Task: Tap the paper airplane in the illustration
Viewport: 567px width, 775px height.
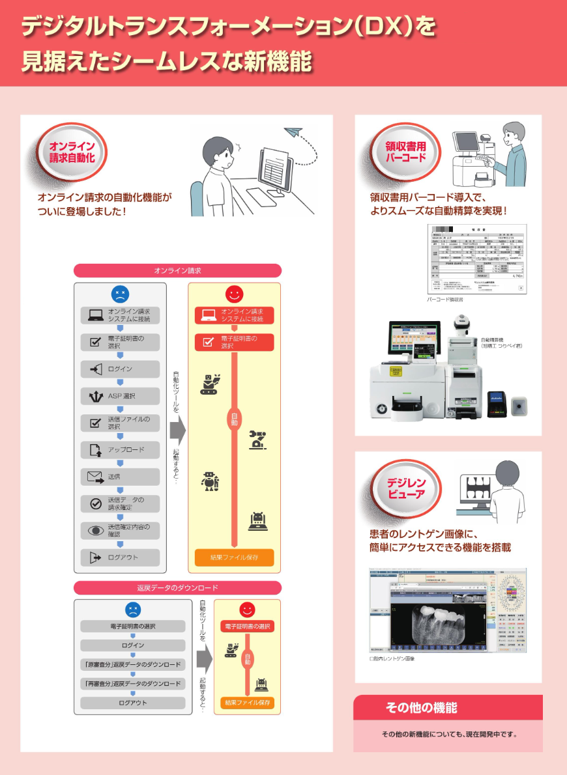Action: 293,132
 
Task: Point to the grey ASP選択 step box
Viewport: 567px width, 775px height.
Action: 120,396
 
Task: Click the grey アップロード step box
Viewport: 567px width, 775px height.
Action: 120,450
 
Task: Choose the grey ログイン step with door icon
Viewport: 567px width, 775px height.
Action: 120,369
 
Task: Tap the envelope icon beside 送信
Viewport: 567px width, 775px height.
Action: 95,477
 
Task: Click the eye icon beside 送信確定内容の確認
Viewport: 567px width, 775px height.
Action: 95,530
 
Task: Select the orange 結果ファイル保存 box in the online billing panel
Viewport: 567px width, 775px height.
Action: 234,558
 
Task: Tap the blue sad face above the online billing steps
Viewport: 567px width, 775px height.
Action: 120,294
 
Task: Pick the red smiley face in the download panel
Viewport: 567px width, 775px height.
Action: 247,610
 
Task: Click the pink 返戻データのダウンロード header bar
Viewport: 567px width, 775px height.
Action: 177,588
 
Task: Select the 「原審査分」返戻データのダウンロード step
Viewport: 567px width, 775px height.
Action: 133,665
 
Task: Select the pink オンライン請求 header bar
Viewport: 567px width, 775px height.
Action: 177,270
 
